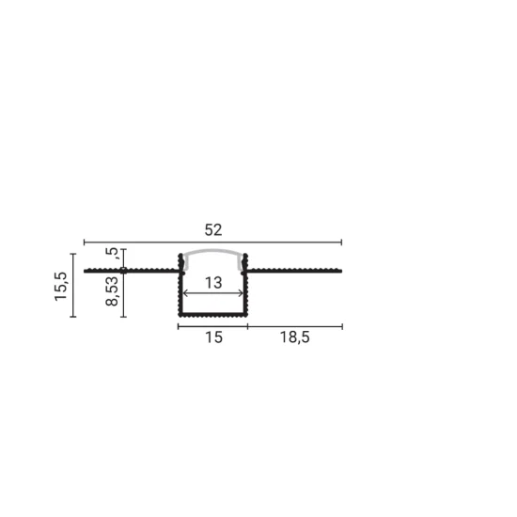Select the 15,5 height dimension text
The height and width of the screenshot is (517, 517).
click(x=60, y=285)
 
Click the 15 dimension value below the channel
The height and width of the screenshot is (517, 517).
click(x=213, y=338)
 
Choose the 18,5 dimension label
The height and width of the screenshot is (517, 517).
click(x=294, y=338)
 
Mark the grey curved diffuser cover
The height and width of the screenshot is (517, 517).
click(x=212, y=255)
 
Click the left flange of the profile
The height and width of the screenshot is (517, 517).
click(x=132, y=271)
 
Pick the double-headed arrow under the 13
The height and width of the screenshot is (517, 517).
click(x=212, y=292)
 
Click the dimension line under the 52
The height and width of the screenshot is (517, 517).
click(x=212, y=243)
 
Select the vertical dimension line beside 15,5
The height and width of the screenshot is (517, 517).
click(x=72, y=285)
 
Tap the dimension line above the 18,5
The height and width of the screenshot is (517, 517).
click(x=294, y=326)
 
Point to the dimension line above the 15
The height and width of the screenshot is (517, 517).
click(x=212, y=326)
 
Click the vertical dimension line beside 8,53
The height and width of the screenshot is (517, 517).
click(x=123, y=293)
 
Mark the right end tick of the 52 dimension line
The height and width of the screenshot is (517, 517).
click(x=342, y=243)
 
